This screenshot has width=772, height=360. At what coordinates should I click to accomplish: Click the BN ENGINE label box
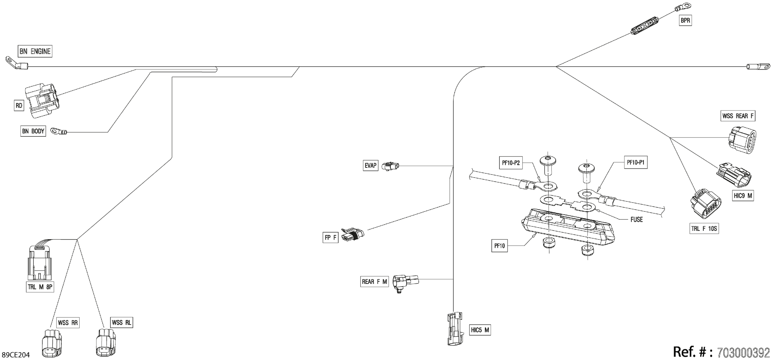[35, 51]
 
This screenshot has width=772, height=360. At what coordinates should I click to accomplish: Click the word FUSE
[637, 220]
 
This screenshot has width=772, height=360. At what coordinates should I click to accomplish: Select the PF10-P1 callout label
[635, 162]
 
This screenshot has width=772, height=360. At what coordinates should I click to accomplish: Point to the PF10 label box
[500, 246]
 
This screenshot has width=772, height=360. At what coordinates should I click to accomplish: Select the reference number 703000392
[744, 352]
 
